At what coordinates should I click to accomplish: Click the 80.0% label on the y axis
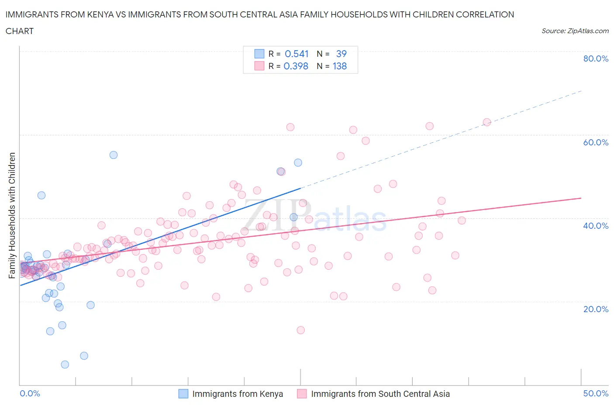(x=596, y=59)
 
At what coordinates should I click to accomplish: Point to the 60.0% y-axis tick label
(x=596, y=142)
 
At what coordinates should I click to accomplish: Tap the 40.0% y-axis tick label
(x=596, y=226)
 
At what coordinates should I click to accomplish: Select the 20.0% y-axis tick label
(x=596, y=309)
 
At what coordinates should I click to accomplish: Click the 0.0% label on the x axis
(x=30, y=393)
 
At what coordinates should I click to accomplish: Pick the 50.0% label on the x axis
(x=596, y=393)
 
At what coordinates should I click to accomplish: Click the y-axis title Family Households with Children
(x=12, y=215)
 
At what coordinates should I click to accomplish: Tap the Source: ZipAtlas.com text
(x=575, y=31)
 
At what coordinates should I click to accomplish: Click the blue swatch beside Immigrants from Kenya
(x=183, y=394)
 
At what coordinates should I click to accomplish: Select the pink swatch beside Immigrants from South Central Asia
(x=302, y=394)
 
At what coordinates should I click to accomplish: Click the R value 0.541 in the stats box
(x=297, y=54)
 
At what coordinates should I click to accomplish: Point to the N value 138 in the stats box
(x=339, y=66)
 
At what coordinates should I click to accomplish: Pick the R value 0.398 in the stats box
(x=296, y=66)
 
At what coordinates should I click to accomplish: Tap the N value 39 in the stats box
(x=341, y=54)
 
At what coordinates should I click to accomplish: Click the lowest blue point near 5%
(x=65, y=365)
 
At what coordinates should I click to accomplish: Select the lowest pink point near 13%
(x=300, y=330)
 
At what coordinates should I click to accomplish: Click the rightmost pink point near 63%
(x=486, y=122)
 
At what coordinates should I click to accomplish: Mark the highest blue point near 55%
(x=114, y=155)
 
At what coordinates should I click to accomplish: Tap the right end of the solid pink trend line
(x=581, y=198)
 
